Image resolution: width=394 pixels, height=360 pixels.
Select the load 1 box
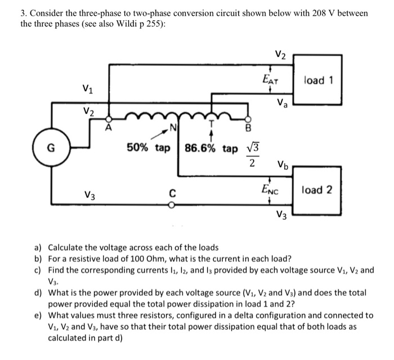click(318, 80)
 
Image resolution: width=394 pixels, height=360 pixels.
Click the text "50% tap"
click(149, 148)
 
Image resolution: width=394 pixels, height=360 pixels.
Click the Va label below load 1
click(281, 104)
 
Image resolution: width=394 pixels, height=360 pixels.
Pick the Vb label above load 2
click(283, 166)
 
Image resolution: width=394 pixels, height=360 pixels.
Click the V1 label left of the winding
click(88, 88)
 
